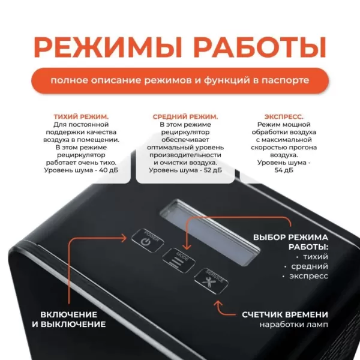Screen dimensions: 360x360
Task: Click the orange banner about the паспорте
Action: (x=180, y=80)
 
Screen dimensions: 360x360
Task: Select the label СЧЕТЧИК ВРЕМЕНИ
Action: (x=285, y=314)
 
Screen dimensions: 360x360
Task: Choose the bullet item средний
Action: (x=308, y=266)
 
